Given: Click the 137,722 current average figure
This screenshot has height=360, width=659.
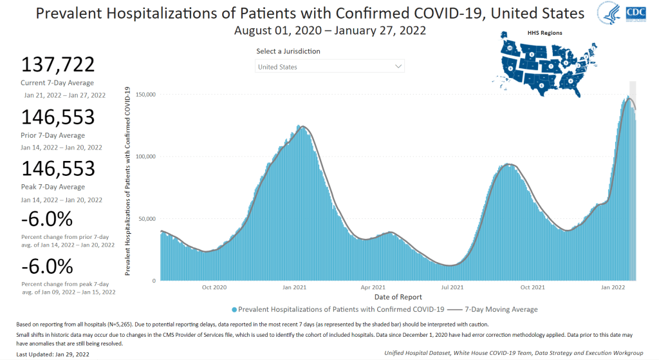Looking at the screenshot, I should point(58,65).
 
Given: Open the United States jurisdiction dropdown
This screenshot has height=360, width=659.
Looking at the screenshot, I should point(329,66).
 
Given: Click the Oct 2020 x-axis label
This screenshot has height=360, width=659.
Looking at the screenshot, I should point(214,287).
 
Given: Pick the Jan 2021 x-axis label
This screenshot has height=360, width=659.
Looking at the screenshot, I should point(293,287).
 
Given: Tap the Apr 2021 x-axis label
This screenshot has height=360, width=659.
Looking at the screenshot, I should point(373,287).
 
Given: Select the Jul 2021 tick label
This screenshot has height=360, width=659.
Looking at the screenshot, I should point(452,287).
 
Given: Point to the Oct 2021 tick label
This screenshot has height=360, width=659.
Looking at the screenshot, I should point(533,287).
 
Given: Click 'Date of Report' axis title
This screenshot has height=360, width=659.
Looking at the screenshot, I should point(398,297).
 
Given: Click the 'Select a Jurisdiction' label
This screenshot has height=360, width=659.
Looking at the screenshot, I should point(288,52).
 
